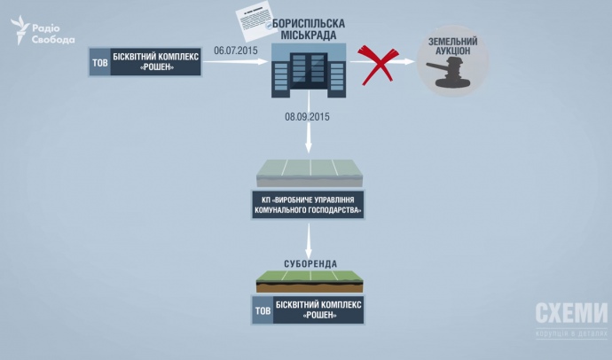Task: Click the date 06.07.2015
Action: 235,51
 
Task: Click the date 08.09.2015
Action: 307,116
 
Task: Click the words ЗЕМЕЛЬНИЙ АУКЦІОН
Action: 453,47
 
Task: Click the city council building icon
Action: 307,72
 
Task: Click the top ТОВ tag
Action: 100,63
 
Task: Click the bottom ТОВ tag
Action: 263,310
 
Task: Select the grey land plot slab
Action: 308,173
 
